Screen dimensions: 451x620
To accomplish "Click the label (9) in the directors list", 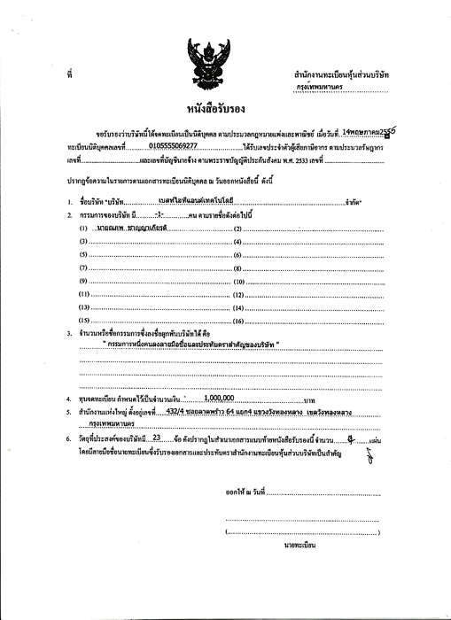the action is pos(85,280).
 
